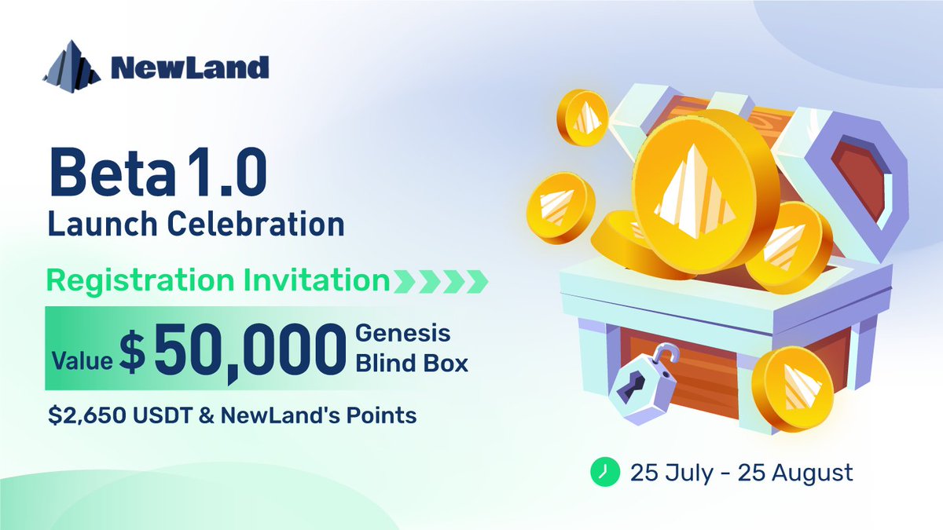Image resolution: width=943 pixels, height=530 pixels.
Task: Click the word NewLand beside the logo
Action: pyautogui.click(x=190, y=68)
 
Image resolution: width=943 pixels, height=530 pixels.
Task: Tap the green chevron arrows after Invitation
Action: pyautogui.click(x=440, y=280)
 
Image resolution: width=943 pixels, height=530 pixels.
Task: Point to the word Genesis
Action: pyautogui.click(x=404, y=334)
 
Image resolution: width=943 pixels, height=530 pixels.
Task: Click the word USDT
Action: pyautogui.click(x=165, y=416)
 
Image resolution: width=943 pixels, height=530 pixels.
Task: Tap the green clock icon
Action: pyautogui.click(x=600, y=472)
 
